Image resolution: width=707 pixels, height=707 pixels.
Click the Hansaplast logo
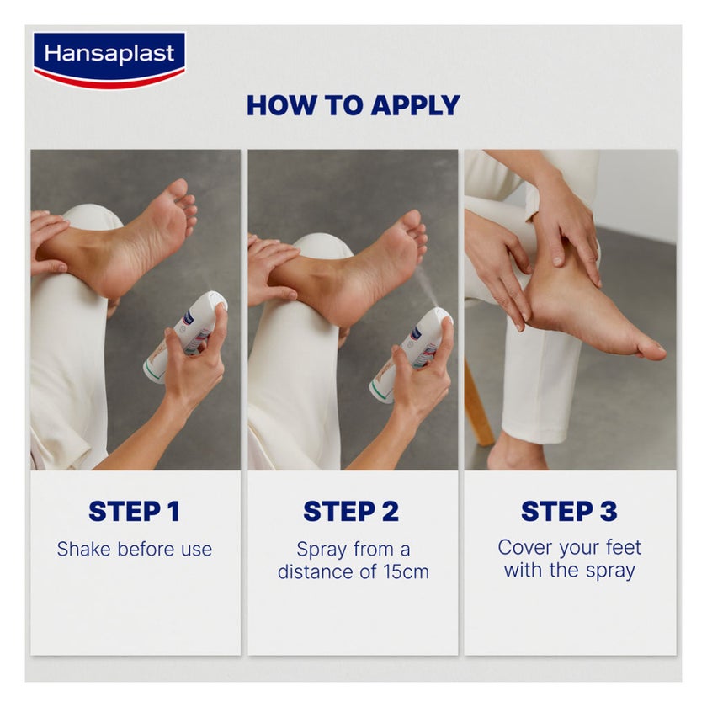(109, 59)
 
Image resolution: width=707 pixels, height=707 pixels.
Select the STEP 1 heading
(134, 511)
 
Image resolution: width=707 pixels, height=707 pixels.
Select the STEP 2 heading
(352, 511)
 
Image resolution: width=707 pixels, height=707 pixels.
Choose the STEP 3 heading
(569, 511)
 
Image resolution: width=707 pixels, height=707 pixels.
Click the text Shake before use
(134, 550)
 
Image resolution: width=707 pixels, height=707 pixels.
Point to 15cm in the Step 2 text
(407, 572)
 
